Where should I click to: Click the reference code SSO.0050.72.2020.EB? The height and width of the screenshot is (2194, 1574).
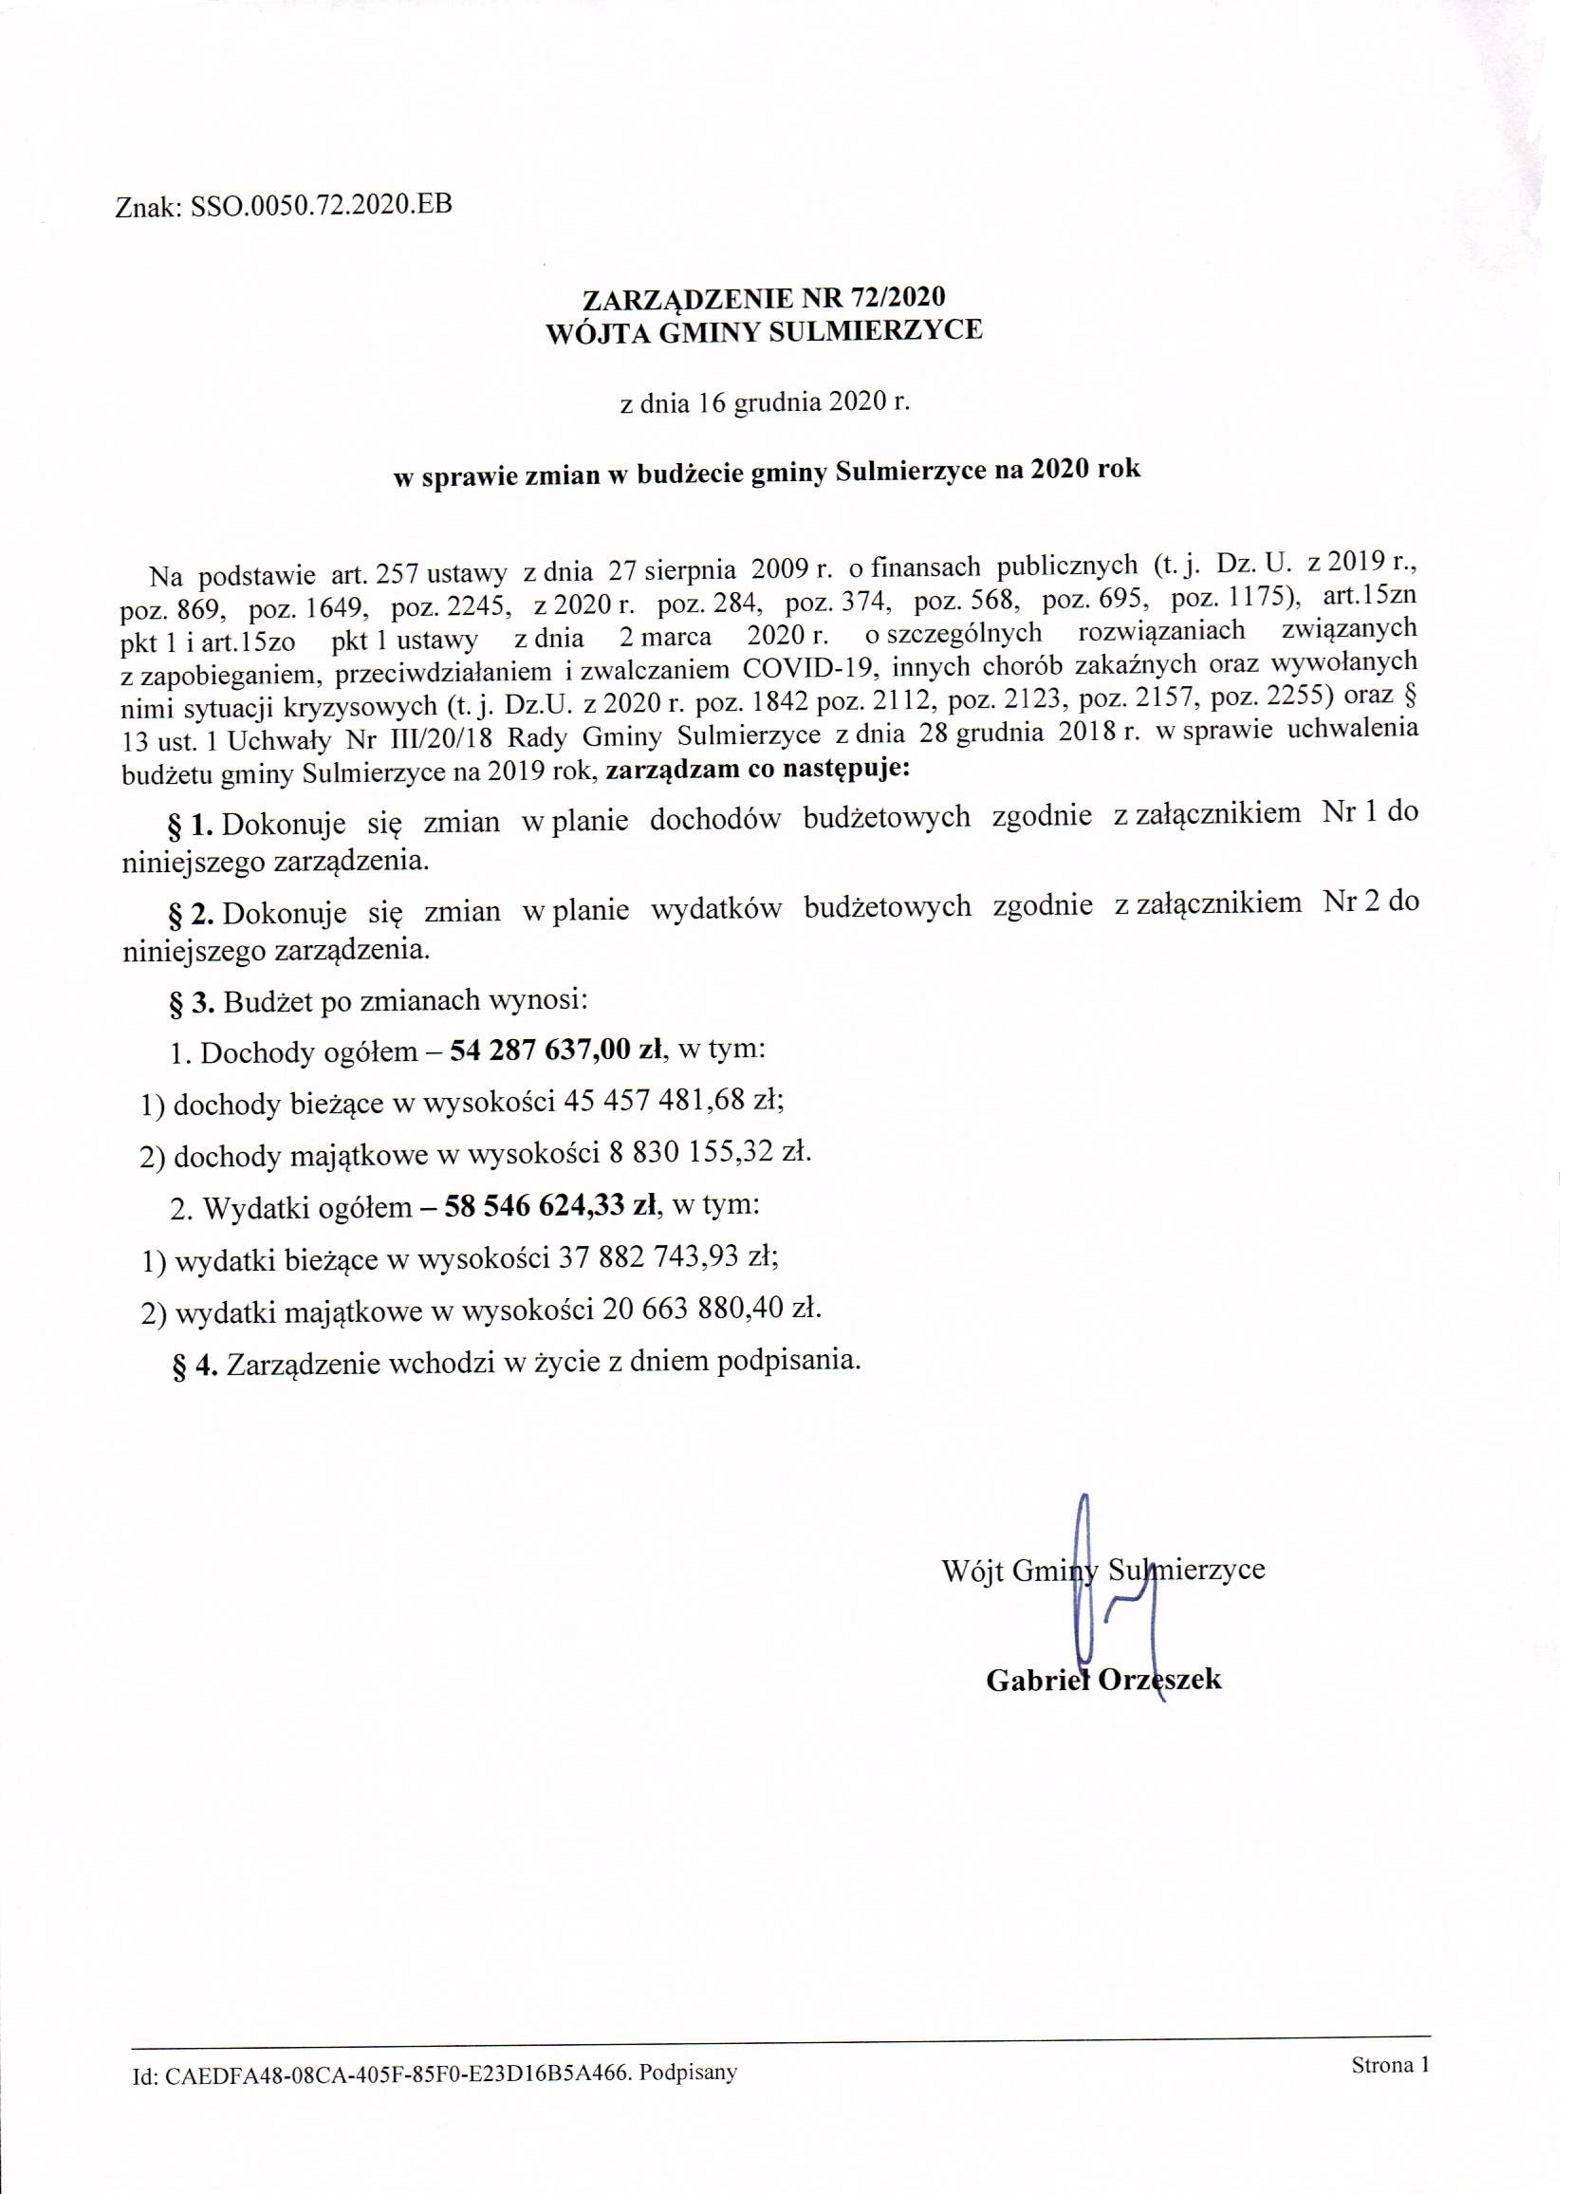[322, 206]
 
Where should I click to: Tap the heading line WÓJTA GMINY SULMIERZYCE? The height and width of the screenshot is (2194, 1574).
[764, 331]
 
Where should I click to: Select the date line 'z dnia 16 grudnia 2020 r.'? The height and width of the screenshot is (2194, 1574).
[765, 402]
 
